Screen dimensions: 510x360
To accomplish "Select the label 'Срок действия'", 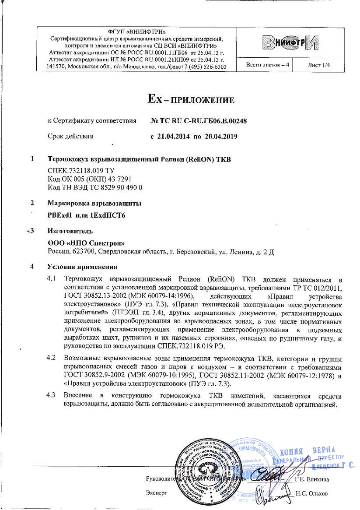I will click(x=70, y=136).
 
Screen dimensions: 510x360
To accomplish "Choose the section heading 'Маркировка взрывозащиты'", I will click(x=94, y=203).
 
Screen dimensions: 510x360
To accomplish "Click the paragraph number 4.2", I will click(x=51, y=358).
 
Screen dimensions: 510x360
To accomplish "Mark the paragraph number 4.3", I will click(x=51, y=395).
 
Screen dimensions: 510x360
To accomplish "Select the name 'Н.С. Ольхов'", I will click(x=311, y=493).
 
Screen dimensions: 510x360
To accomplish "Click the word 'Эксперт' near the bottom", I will click(x=156, y=493).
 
